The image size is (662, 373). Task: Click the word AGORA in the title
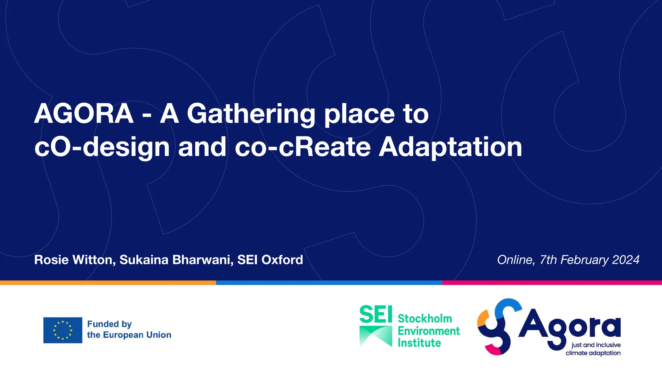[84, 114]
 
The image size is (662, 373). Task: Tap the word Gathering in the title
[251, 114]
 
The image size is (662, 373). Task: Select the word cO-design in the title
[102, 147]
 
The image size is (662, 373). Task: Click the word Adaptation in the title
[450, 147]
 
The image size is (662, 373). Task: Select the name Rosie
[51, 260]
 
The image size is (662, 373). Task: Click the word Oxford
[282, 260]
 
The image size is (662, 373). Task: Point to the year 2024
[626, 260]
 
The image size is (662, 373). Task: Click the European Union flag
[63, 330]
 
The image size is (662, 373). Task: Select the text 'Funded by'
[110, 324]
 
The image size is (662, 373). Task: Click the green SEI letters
[376, 314]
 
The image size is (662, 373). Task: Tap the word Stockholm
[425, 319]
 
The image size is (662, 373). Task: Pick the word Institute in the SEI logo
[419, 343]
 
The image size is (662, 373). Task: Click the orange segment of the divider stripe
[108, 283]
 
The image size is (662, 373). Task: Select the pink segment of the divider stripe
[552, 283]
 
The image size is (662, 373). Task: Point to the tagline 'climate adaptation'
[593, 353]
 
